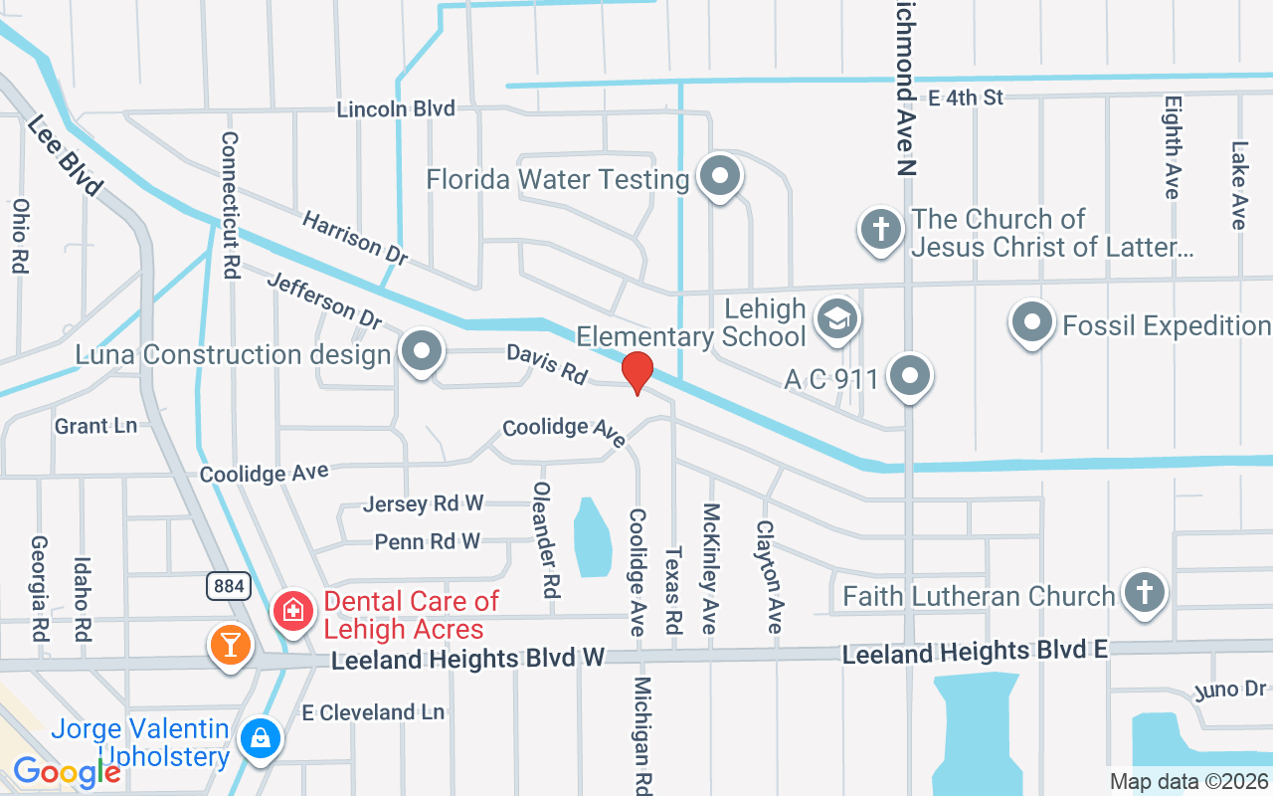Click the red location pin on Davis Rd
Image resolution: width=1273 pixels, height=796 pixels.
[636, 372]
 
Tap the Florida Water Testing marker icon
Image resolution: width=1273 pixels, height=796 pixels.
[720, 178]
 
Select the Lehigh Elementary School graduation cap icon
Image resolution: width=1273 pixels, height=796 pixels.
[836, 320]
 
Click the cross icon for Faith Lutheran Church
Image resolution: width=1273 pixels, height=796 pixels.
[1144, 593]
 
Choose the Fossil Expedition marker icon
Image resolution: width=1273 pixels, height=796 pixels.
[1031, 324]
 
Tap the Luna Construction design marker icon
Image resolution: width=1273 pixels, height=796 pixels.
[422, 352]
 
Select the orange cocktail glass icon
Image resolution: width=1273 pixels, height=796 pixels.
[231, 646]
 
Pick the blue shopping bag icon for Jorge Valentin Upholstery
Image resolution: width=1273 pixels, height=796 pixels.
[260, 738]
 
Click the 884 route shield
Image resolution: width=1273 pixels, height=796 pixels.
[229, 586]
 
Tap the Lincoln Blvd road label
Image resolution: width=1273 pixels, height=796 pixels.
[396, 109]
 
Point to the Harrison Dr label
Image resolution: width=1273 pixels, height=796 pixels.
[355, 237]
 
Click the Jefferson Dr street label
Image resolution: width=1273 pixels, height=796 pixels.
[324, 301]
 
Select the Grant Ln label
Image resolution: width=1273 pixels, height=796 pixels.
[95, 426]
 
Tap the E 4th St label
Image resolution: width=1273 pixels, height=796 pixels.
[966, 97]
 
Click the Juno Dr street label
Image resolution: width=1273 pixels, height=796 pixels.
[1230, 690]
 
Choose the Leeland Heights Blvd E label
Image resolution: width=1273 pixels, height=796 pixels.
[975, 653]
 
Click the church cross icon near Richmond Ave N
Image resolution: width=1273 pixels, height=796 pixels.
[880, 230]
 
